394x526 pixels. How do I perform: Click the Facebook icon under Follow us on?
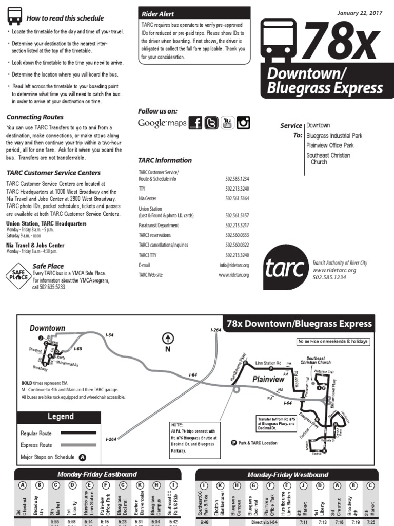point(195,122)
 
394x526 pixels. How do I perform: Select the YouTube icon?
point(227,122)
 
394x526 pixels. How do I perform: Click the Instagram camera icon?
point(243,122)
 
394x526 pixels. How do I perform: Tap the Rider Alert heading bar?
point(194,14)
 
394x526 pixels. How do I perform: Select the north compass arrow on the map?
point(168,339)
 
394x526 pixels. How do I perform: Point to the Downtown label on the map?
point(47,328)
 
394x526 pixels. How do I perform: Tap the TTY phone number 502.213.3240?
point(237,189)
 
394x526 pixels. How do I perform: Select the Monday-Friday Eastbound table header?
point(97,474)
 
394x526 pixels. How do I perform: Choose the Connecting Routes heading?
point(35,117)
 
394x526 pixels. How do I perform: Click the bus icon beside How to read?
point(15,17)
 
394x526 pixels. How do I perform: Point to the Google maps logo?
point(162,123)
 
